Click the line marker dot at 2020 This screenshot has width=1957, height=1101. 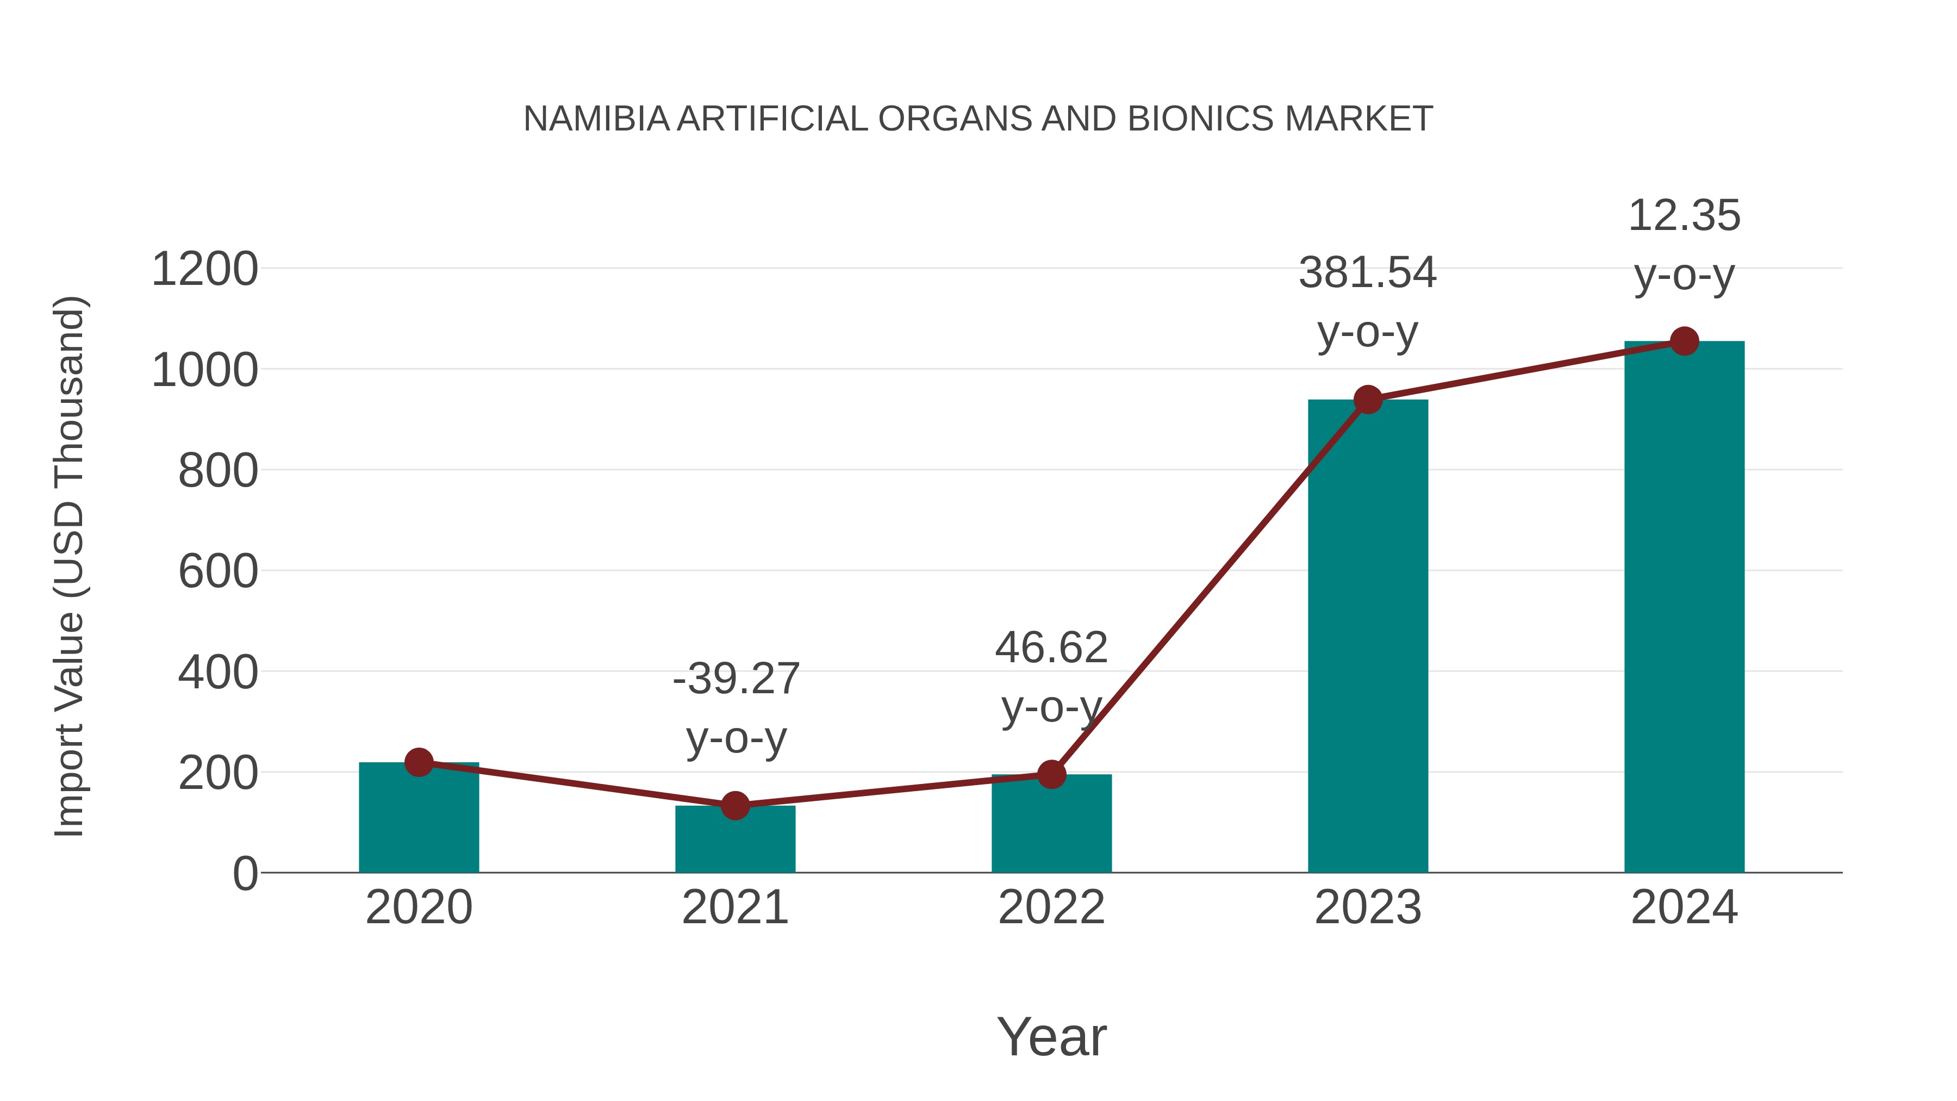tap(419, 762)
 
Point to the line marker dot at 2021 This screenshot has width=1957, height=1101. tap(734, 805)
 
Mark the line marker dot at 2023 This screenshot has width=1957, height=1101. tap(1368, 400)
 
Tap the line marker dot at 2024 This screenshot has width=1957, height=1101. tap(1684, 341)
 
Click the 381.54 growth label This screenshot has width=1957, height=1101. tap(1368, 273)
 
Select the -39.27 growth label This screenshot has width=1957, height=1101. tap(736, 679)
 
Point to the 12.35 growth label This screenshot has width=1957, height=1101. tap(1684, 216)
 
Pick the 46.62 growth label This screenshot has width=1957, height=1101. tap(1051, 649)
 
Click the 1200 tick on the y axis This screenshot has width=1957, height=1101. tap(204, 270)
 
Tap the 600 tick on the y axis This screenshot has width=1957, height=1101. tap(217, 571)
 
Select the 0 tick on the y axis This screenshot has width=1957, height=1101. tap(245, 874)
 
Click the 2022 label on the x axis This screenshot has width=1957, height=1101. tap(1051, 908)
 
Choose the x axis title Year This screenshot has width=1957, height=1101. tap(1051, 1037)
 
